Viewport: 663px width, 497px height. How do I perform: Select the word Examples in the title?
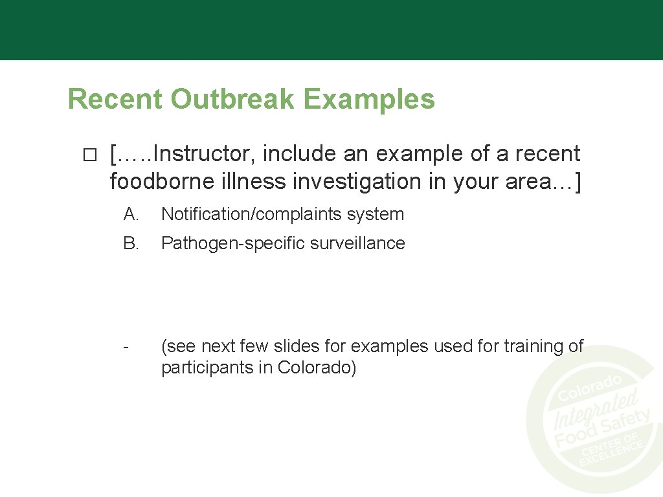(x=369, y=99)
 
